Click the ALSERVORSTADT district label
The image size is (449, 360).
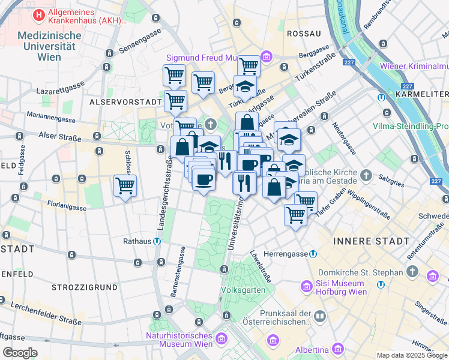(125, 102)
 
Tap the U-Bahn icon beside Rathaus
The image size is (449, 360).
(156, 242)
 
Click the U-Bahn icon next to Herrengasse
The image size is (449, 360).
(313, 254)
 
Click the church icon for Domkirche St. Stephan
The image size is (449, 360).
(412, 272)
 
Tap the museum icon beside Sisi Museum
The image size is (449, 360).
(306, 287)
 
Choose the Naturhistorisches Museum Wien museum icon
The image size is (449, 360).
(221, 340)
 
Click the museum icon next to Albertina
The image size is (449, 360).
(338, 349)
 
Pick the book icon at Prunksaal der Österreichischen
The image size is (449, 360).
(321, 316)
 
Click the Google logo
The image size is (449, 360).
(20, 353)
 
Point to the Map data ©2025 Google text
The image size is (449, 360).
(411, 355)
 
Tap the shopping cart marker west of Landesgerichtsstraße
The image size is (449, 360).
(125, 185)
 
